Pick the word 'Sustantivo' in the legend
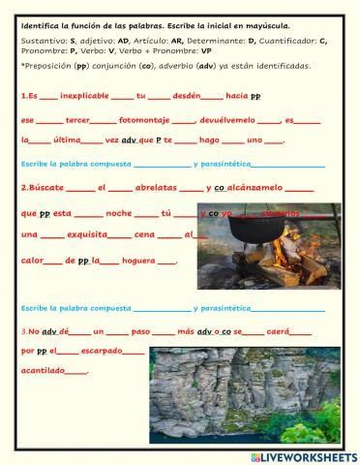[x=38, y=40]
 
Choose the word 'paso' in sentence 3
[x=140, y=330]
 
